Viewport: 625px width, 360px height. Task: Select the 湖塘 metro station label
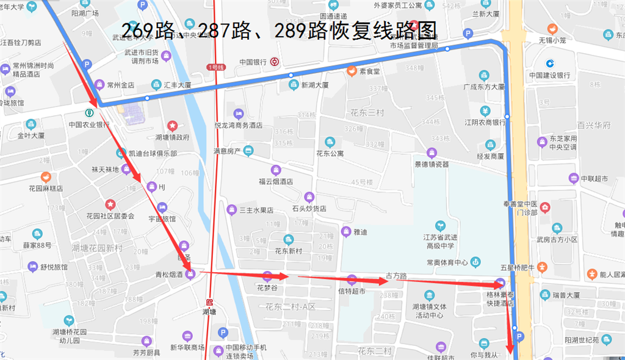[209, 312]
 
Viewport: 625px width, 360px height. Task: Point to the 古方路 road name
[397, 276]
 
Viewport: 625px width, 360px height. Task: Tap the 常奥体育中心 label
[447, 262]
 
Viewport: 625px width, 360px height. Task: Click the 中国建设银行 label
[549, 75]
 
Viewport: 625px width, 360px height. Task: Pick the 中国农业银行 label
[89, 124]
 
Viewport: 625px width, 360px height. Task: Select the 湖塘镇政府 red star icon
[173, 126]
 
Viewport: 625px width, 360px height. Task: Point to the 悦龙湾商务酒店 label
[238, 125]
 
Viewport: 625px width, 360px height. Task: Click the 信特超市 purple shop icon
[351, 280]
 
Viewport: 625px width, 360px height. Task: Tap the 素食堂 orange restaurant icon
[352, 70]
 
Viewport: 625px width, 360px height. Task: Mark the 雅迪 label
[360, 232]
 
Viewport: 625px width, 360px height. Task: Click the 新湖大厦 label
[315, 85]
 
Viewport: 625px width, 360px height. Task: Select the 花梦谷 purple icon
[267, 276]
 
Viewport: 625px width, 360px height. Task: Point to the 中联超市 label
[594, 179]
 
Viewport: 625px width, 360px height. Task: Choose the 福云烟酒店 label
[276, 181]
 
